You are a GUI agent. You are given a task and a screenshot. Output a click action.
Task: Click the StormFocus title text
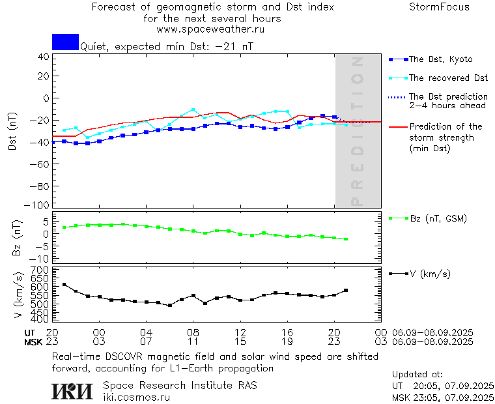point(439,7)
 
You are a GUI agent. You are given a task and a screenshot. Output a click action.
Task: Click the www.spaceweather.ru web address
point(210,29)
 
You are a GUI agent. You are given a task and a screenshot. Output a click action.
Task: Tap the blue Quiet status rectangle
point(65,42)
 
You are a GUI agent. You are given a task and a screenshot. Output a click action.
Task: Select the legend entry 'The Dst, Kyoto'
point(440,59)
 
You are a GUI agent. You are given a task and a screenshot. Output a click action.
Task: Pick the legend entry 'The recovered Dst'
point(448,78)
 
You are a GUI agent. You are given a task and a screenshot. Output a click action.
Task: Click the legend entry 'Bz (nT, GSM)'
point(438,218)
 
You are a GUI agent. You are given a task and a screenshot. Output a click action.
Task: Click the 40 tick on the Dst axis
point(44,57)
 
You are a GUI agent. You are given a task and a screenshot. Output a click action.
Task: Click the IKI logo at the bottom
point(73,391)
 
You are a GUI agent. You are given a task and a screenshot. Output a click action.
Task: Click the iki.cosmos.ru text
point(137,397)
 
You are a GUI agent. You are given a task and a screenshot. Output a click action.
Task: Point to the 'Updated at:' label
point(417,375)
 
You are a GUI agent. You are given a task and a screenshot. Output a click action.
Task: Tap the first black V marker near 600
point(64,285)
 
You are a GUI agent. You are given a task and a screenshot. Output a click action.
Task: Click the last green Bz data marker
point(346,239)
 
